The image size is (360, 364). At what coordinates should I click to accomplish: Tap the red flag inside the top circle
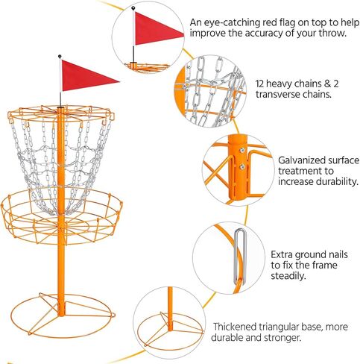(160, 30)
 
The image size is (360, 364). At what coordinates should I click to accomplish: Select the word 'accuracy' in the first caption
(275, 34)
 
